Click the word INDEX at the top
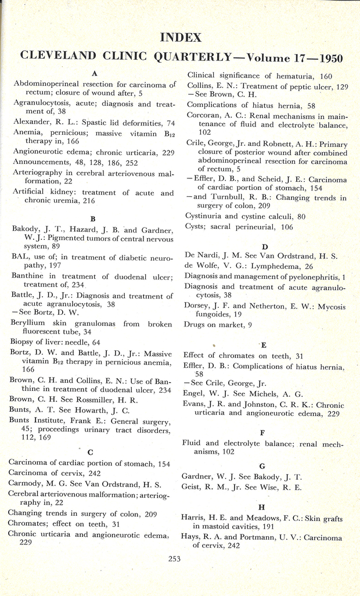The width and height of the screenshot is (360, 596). click(181, 38)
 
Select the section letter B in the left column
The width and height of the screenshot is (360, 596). click(93, 219)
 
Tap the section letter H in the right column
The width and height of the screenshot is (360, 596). click(262, 507)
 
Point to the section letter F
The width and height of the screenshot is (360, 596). click(262, 432)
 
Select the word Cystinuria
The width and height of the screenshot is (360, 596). click(205, 216)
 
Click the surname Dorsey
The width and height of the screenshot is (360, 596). click(198, 306)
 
